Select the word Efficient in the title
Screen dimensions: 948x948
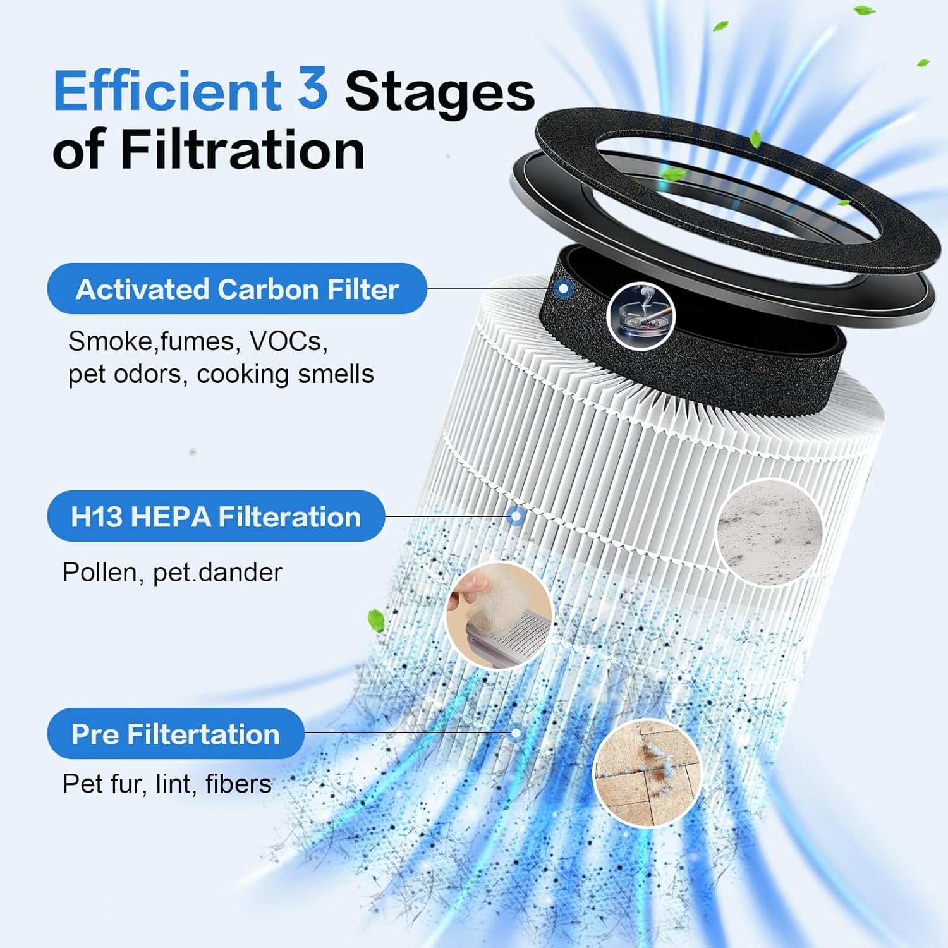(x=167, y=91)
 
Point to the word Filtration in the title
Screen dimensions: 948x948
(x=243, y=149)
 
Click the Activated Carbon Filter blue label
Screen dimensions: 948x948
(x=237, y=289)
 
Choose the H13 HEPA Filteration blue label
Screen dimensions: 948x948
(x=216, y=516)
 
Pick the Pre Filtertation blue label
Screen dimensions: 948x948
(x=176, y=734)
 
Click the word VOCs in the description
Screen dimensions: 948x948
(x=288, y=341)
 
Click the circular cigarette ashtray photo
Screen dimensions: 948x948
(x=641, y=315)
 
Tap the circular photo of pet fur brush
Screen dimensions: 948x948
(x=499, y=614)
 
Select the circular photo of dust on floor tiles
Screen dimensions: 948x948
(x=648, y=772)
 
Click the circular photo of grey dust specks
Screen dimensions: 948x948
(x=770, y=532)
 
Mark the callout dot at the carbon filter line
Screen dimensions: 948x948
(x=564, y=289)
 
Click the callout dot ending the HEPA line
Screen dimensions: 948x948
(x=516, y=516)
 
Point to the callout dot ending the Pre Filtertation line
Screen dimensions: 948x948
(x=517, y=733)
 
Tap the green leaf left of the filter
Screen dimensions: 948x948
(x=376, y=619)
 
